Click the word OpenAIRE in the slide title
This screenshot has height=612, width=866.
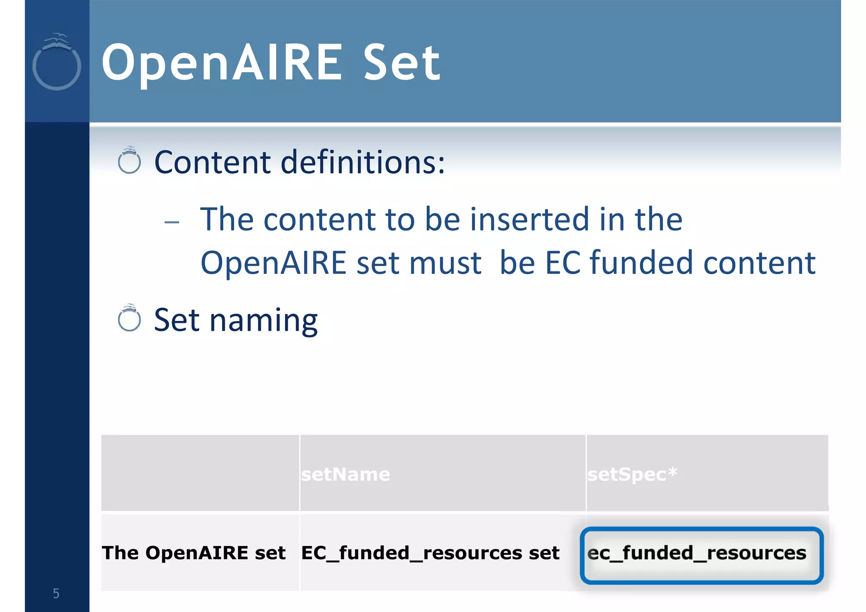[x=222, y=63]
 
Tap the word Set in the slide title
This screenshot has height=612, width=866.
[x=402, y=63]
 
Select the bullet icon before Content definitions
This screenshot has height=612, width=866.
[x=129, y=161]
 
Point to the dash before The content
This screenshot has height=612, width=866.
[x=172, y=222]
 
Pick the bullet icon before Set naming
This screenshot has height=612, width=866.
[x=129, y=318]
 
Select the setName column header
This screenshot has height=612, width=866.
[x=345, y=474]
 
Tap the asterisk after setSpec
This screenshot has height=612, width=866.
[x=673, y=471]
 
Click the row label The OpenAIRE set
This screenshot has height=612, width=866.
[x=194, y=553]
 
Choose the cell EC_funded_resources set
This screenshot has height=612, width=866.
[x=430, y=553]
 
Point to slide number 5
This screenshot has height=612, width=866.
[x=56, y=593]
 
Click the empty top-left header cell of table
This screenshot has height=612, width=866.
[x=200, y=473]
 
